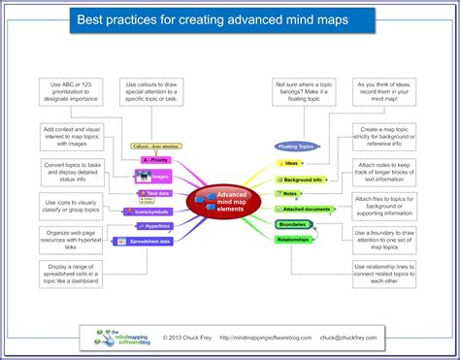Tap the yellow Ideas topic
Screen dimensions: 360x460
pyautogui.click(x=290, y=164)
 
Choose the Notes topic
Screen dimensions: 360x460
pyautogui.click(x=289, y=194)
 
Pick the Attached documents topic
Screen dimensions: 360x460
pyautogui.click(x=307, y=209)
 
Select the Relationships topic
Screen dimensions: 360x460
pyautogui.click(x=293, y=238)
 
